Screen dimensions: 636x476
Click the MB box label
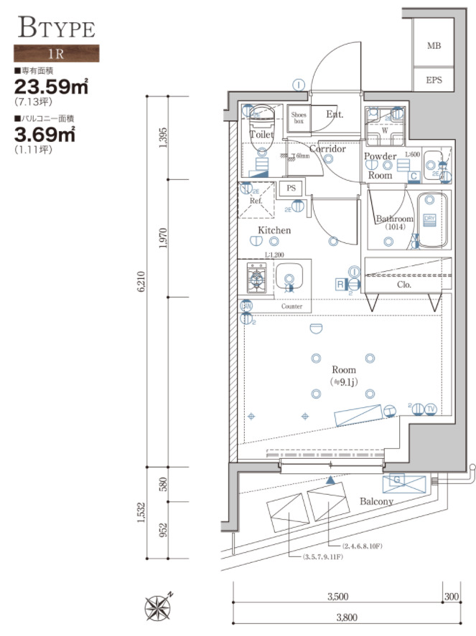tap(433, 47)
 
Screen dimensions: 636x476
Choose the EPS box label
tap(434, 80)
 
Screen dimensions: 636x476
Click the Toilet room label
tap(261, 134)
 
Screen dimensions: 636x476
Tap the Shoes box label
tap(299, 118)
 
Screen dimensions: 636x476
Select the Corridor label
tap(327, 149)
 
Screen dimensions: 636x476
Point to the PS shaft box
tap(290, 188)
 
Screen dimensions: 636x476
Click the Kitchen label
tap(274, 230)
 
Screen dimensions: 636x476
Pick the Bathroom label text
tap(394, 219)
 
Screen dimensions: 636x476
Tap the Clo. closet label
tap(403, 284)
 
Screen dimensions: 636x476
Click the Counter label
tap(291, 307)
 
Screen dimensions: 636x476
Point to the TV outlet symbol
tap(431, 409)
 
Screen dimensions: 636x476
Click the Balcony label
tap(376, 502)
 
